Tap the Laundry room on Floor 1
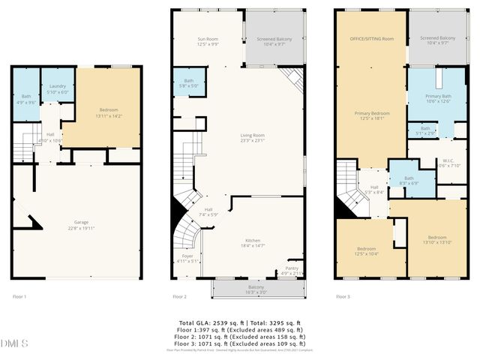coord(58,89)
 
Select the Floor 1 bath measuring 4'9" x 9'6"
coord(26,98)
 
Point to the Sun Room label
coord(208,41)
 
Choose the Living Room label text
coord(252,137)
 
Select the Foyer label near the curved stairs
coord(187,259)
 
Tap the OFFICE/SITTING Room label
coord(370,38)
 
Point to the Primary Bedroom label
coord(370,115)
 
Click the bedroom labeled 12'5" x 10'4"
coord(367,251)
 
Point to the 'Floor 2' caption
coord(180,297)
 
